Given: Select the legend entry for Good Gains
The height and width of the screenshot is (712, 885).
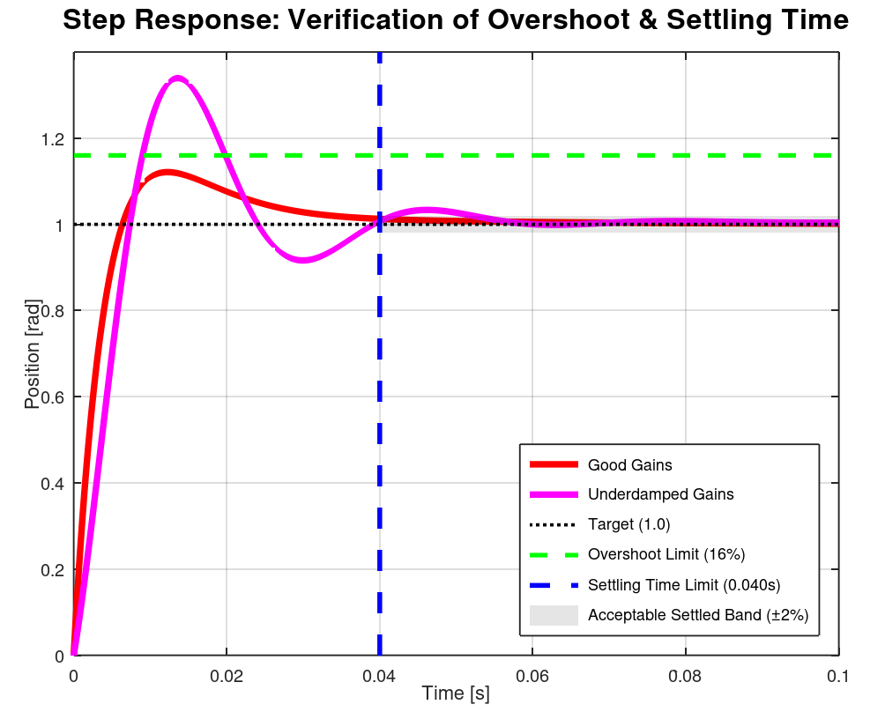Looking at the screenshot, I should coord(629,464).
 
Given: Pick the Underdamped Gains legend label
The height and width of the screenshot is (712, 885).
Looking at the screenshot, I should coord(660,494).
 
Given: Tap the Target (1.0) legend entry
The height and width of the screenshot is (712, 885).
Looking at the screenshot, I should coord(628,524).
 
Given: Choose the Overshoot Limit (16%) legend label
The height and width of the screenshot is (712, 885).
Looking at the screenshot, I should coord(666,554).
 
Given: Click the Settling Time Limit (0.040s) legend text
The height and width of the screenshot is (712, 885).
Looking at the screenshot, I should coord(684,584).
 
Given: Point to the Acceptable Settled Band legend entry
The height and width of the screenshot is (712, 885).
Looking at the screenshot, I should coord(697,614).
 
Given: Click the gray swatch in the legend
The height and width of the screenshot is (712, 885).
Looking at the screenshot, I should coord(553,614).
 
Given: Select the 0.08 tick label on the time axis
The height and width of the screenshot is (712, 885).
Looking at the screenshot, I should coord(685,676).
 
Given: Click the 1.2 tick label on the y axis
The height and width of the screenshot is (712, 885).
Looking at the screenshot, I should coord(53,138).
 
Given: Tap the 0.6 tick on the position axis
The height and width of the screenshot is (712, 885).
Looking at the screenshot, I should coord(53,397).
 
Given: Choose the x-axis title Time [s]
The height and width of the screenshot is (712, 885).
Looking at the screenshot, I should coord(456,693).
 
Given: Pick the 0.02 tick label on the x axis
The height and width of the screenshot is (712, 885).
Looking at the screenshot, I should coord(227,676).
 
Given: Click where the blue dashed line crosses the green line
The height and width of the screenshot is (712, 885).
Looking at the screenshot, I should coord(380,155).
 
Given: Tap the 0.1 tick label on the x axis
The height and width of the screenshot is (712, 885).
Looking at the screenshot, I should coord(837,676).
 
